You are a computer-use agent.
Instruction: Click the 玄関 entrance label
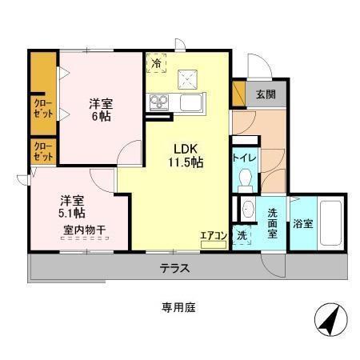(265, 94)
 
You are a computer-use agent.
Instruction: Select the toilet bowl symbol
(246, 178)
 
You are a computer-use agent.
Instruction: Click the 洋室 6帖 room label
(100, 110)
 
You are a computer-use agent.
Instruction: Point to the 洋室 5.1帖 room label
(72, 207)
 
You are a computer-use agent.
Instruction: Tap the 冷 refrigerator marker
(155, 61)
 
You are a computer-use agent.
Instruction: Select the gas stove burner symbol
(158, 102)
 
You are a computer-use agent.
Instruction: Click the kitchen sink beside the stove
(192, 102)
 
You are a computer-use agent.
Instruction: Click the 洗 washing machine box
(242, 235)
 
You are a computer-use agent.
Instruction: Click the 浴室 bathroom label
(302, 224)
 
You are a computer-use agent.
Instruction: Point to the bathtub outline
(330, 223)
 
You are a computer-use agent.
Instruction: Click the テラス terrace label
(173, 268)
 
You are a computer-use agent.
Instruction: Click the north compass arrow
(329, 322)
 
